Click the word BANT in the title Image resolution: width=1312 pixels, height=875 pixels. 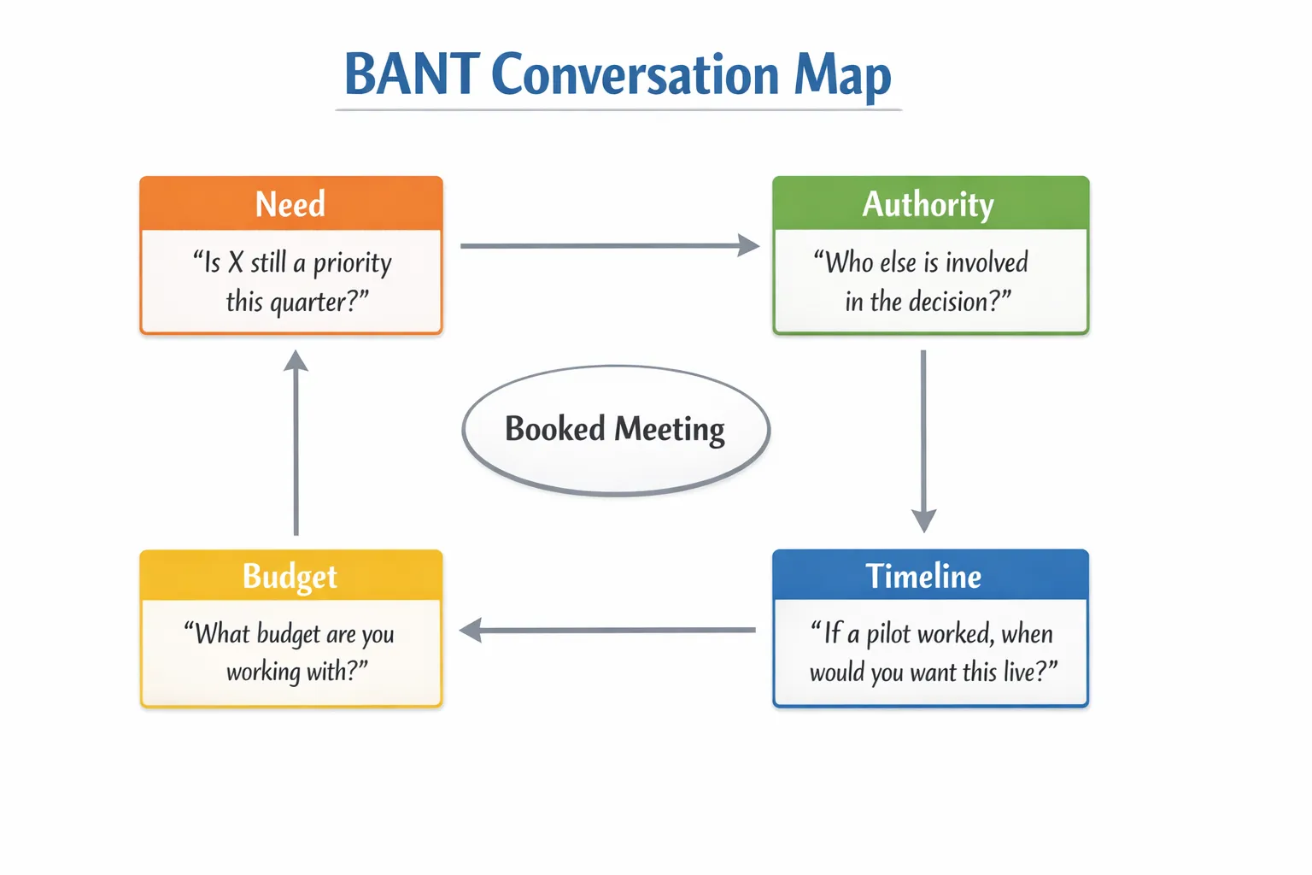tap(412, 74)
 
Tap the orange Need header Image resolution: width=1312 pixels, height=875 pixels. tap(290, 204)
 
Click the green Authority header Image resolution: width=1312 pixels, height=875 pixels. tap(928, 204)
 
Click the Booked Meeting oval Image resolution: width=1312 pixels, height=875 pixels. tap(615, 430)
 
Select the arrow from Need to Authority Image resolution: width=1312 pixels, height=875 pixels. tap(608, 246)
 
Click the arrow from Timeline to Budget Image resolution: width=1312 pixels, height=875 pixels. tap(608, 631)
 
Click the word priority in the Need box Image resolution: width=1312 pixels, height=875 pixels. tap(352, 263)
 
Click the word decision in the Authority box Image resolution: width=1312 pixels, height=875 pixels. tap(948, 302)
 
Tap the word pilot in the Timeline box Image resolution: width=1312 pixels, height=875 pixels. tap(888, 634)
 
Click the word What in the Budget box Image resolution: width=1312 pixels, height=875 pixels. tap(222, 634)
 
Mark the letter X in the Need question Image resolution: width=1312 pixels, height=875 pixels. tap(236, 263)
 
